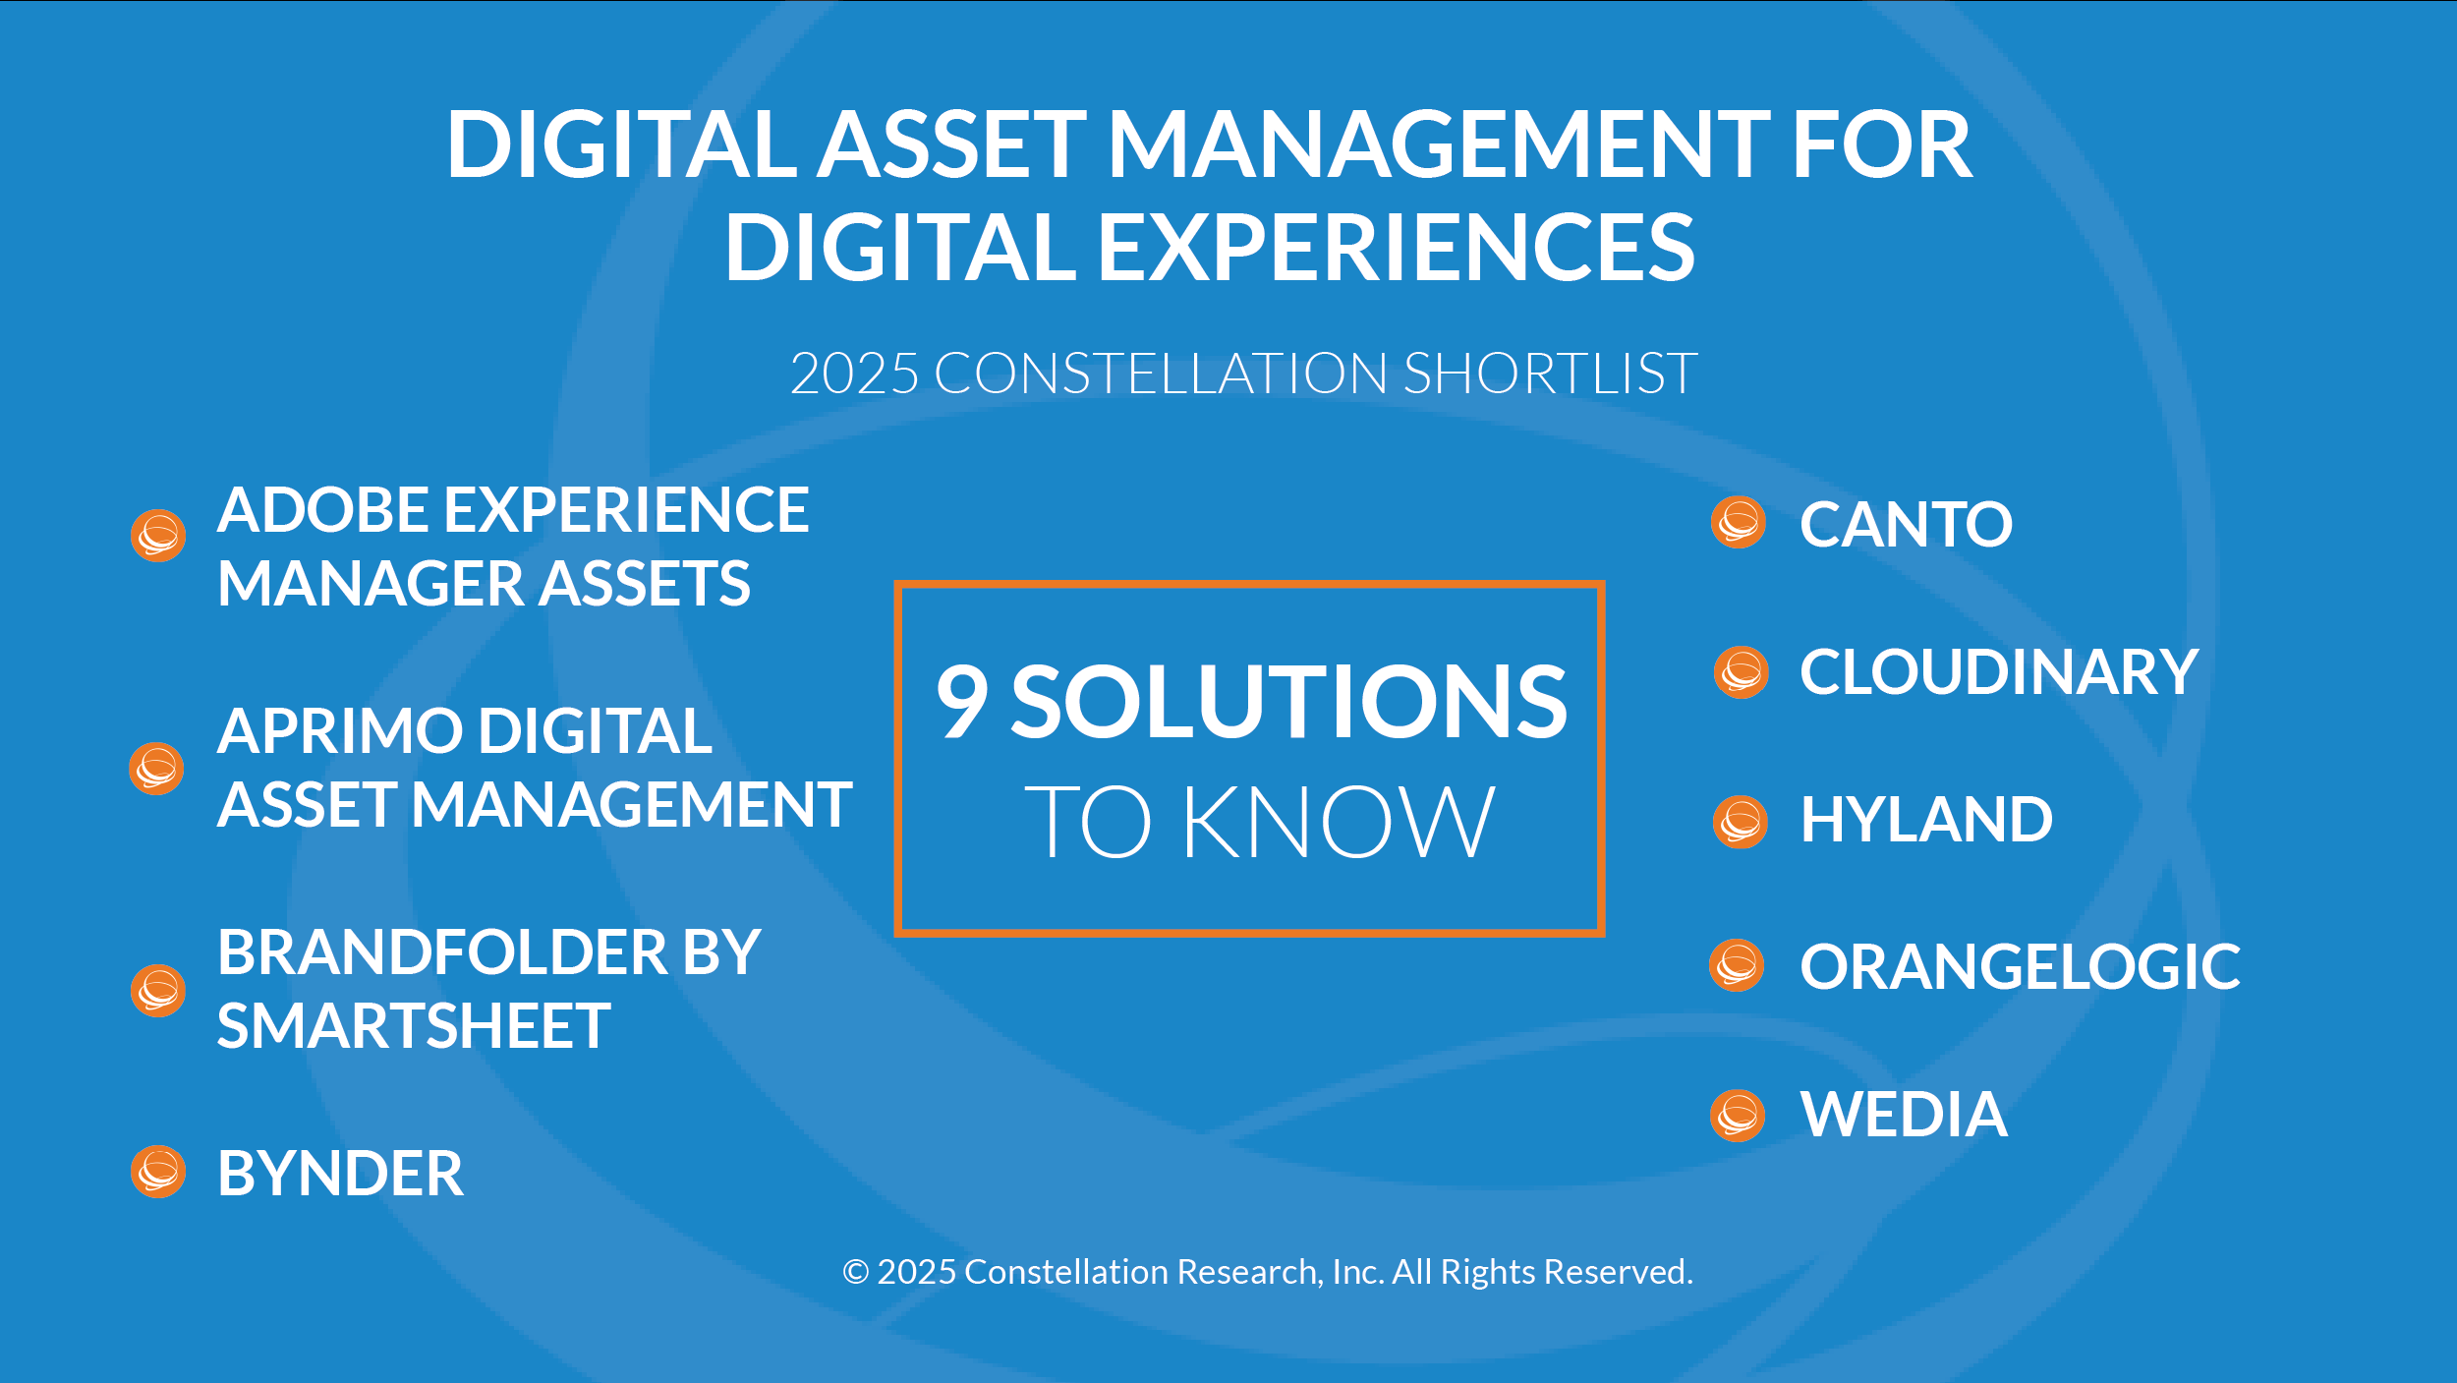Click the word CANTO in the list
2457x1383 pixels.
[1906, 524]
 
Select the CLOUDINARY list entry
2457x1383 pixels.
[1998, 672]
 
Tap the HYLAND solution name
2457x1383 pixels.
[1926, 820]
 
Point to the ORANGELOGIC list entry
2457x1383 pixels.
[2020, 967]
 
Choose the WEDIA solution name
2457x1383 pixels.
[1904, 1115]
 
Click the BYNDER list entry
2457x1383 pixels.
[340, 1173]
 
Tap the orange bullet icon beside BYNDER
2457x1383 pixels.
[158, 1172]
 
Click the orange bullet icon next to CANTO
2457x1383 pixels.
[1739, 522]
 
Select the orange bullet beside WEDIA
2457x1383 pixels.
[1738, 1115]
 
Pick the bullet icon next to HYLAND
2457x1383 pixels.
[1741, 822]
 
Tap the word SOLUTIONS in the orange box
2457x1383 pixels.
[1289, 700]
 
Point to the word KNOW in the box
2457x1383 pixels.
[1339, 822]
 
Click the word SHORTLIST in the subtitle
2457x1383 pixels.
[1550, 374]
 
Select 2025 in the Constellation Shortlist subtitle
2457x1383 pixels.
[854, 374]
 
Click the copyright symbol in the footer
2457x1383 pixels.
[856, 1272]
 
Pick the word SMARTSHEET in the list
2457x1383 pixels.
[414, 1026]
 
